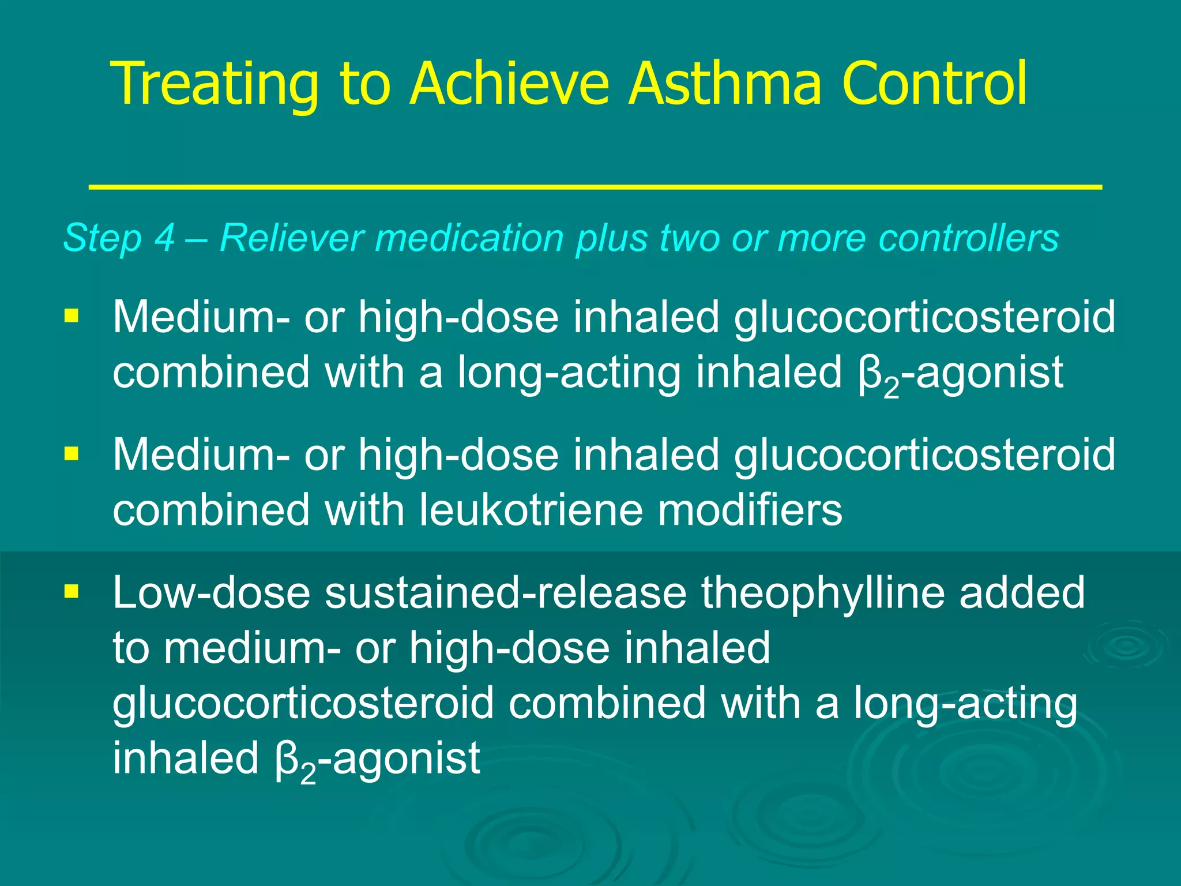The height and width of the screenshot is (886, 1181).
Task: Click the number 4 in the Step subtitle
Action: (164, 238)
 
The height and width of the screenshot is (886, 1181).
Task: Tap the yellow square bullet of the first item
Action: (72, 316)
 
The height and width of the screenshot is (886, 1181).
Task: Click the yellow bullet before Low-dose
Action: (72, 591)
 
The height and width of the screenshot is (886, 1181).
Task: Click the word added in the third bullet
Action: (1022, 593)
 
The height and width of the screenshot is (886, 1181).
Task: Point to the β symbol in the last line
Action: (287, 759)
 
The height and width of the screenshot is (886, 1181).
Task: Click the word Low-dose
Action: (211, 593)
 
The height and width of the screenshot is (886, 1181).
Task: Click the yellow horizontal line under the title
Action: (595, 187)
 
